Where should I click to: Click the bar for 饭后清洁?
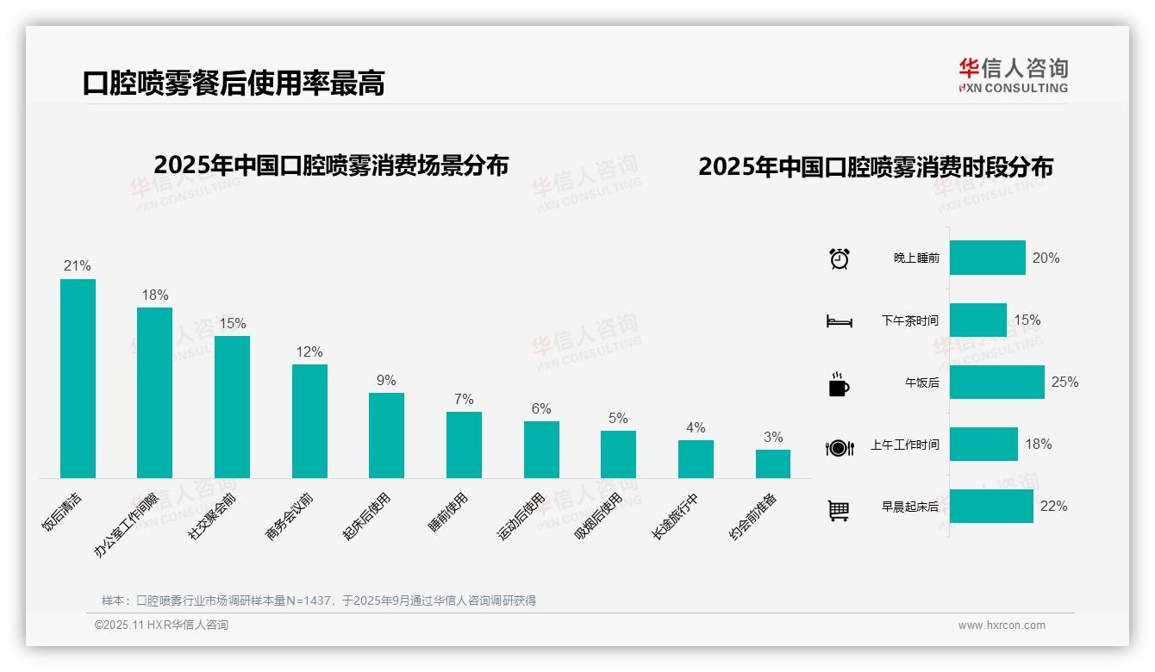pyautogui.click(x=78, y=378)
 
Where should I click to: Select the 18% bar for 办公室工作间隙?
pyautogui.click(x=154, y=392)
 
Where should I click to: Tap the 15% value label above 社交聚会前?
pyautogui.click(x=232, y=324)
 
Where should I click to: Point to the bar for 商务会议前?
pyautogui.click(x=309, y=420)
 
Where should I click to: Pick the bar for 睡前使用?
pyautogui.click(x=464, y=445)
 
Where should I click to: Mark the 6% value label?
pyautogui.click(x=541, y=409)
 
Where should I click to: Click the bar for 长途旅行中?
pyautogui.click(x=696, y=458)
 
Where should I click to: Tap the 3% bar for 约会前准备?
pyautogui.click(x=773, y=464)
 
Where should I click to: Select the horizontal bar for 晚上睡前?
pyautogui.click(x=988, y=258)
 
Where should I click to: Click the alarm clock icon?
pyautogui.click(x=839, y=258)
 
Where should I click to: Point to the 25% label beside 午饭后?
pyautogui.click(x=1064, y=382)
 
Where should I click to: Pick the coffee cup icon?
pyautogui.click(x=839, y=384)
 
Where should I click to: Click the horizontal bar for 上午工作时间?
pyautogui.click(x=983, y=444)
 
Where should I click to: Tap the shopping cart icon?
pyautogui.click(x=839, y=510)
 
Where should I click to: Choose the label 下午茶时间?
pyautogui.click(x=909, y=320)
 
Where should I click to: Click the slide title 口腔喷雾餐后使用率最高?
pyautogui.click(x=234, y=83)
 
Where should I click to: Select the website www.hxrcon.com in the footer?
pyautogui.click(x=1002, y=625)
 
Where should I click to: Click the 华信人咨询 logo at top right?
pyautogui.click(x=1014, y=76)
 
